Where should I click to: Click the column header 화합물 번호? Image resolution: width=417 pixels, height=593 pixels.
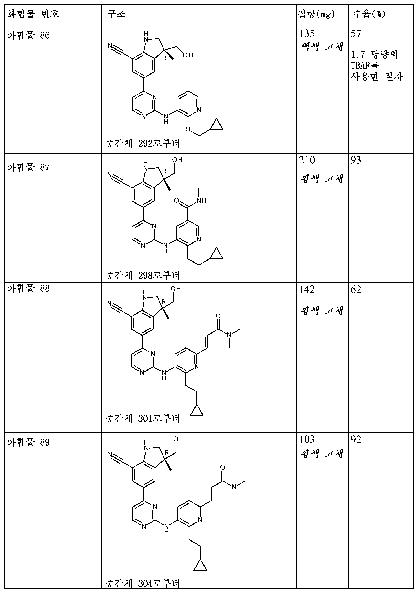click(33, 14)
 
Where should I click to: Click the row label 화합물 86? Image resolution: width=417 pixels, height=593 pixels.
click(28, 35)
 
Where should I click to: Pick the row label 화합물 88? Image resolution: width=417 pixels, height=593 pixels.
click(28, 288)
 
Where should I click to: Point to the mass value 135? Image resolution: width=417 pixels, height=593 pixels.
click(307, 34)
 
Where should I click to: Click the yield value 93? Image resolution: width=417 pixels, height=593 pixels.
click(356, 160)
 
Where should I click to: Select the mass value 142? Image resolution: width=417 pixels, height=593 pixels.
click(307, 290)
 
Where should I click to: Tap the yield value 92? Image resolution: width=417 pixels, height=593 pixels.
click(356, 439)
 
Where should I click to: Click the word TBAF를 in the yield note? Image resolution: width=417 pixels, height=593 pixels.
click(365, 66)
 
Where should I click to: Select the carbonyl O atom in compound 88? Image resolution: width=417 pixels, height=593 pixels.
click(218, 316)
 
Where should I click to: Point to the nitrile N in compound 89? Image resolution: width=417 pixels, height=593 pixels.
click(110, 454)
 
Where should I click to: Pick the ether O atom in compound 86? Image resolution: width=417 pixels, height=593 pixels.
click(188, 129)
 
